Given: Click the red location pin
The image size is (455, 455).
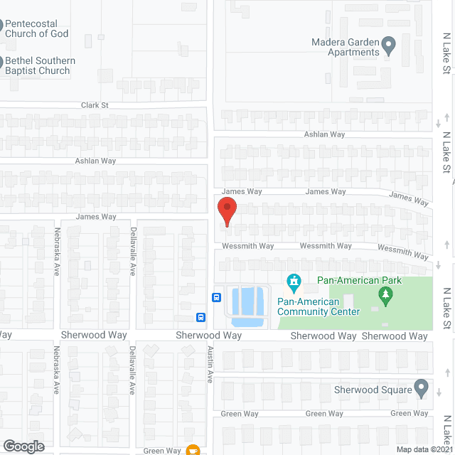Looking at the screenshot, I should tap(226, 213).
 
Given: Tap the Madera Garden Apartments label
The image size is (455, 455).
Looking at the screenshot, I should tap(346, 47).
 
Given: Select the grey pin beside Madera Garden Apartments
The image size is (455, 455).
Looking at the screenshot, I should tap(388, 47).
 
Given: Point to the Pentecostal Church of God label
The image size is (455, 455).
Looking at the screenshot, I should tap(37, 28).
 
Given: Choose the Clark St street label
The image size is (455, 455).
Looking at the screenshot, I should tap(95, 105).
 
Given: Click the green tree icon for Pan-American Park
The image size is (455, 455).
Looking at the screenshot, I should tap(386, 296).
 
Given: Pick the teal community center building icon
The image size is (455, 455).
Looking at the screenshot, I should tap(292, 284).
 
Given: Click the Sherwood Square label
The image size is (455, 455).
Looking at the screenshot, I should tap(373, 390).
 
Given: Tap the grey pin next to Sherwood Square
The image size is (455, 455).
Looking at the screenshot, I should tap(421, 389).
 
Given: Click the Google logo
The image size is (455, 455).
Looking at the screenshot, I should tap(23, 446).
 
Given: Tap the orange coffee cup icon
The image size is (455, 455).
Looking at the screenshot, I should tap(192, 449).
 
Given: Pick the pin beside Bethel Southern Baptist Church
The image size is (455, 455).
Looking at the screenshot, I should tap(1, 63).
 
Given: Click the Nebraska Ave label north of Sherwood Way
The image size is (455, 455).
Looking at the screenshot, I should tap(57, 251).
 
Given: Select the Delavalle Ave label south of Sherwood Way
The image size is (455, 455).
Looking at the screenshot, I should tap(132, 370).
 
